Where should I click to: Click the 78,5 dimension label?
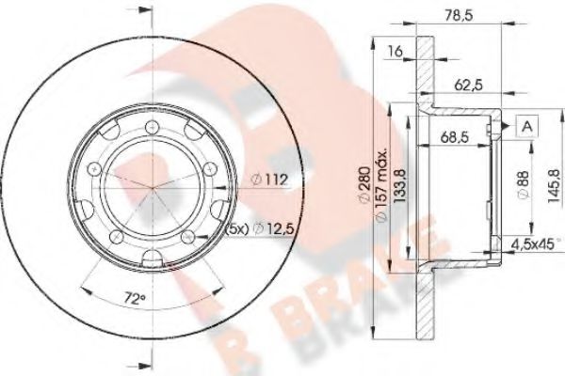(460, 14)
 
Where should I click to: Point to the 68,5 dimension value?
(455, 137)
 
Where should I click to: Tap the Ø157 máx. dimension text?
(379, 189)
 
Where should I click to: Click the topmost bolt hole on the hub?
(151, 126)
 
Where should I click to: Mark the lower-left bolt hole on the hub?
(114, 236)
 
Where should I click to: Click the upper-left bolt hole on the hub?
(92, 168)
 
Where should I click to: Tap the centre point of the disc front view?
(151, 187)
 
